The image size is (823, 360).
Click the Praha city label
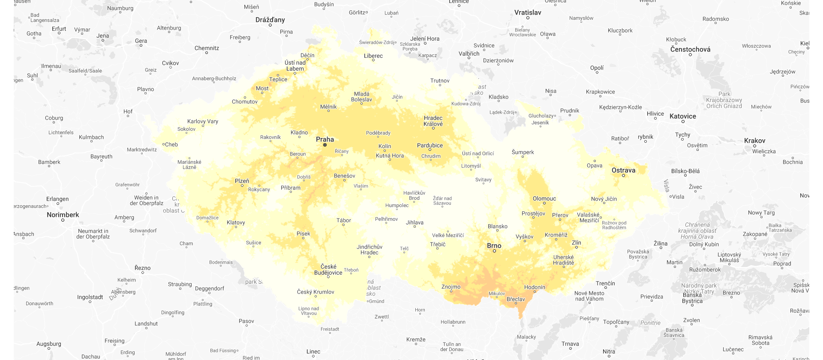pyautogui.click(x=325, y=139)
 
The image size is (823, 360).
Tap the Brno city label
pyautogui.click(x=494, y=246)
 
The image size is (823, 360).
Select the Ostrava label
pyautogui.click(x=623, y=170)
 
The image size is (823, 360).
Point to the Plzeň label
pyautogui.click(x=242, y=181)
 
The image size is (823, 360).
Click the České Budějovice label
pyautogui.click(x=328, y=270)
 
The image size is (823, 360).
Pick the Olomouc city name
pyautogui.click(x=544, y=198)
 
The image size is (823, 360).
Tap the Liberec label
pyautogui.click(x=373, y=56)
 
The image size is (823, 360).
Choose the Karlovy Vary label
pyautogui.click(x=203, y=121)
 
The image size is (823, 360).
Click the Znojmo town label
pyautogui.click(x=451, y=287)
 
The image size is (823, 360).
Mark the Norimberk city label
pyautogui.click(x=63, y=215)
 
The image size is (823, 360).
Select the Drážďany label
pyautogui.click(x=270, y=20)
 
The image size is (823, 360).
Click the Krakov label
pyautogui.click(x=754, y=141)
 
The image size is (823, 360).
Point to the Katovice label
pyautogui.click(x=683, y=116)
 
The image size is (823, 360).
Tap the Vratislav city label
pyautogui.click(x=528, y=12)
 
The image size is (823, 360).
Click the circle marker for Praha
pyautogui.click(x=325, y=145)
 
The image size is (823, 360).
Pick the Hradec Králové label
pyautogui.click(x=433, y=121)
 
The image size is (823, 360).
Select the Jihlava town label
pyautogui.click(x=415, y=222)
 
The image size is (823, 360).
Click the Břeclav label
pyautogui.click(x=516, y=299)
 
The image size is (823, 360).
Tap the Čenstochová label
pyautogui.click(x=690, y=49)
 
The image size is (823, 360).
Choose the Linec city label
pyautogui.click(x=313, y=351)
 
